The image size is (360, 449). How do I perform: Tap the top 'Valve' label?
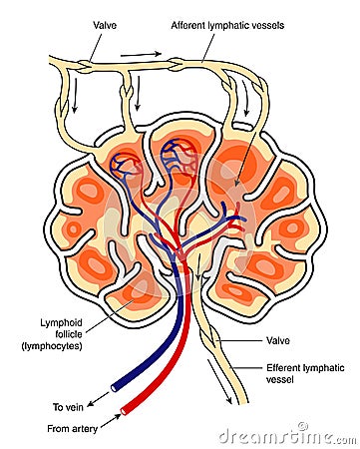click(105, 23)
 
